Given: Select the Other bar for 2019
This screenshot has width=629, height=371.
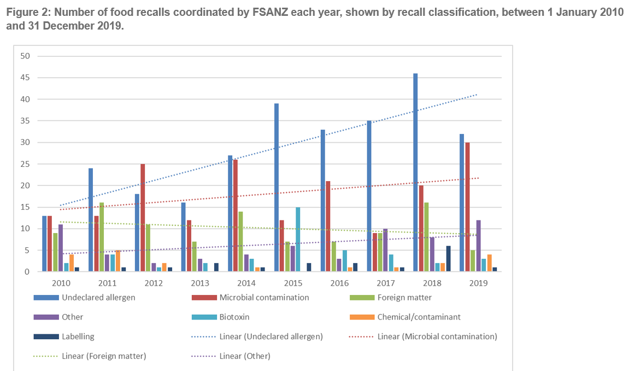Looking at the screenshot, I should tap(478, 246).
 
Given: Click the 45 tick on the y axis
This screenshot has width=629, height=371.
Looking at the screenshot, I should tap(26, 78).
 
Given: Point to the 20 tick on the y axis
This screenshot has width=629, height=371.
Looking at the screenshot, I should tap(26, 185).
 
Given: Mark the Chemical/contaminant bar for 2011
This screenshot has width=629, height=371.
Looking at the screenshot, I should tap(117, 261).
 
